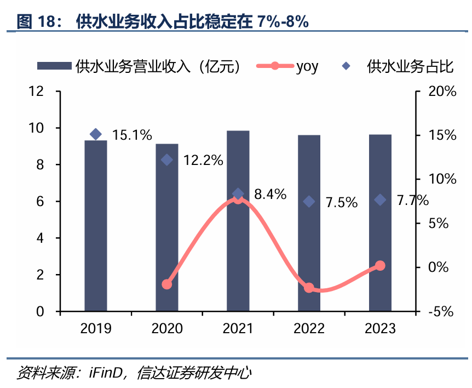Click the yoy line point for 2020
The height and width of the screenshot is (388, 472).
(167, 284)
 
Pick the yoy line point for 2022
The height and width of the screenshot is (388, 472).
(309, 288)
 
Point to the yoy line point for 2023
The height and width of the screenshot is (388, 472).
(380, 266)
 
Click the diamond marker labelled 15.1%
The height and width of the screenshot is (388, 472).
(96, 134)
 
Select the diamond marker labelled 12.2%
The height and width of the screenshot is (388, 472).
(167, 159)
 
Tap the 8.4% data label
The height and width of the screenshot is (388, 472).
(270, 194)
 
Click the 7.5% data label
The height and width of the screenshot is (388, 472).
(341, 202)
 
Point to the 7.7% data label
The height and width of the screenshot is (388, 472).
(412, 201)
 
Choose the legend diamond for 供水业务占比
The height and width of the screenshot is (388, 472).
(346, 66)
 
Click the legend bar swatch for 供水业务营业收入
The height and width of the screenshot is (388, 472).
(54, 66)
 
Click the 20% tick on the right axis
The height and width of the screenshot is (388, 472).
(442, 92)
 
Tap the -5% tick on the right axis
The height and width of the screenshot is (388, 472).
(440, 312)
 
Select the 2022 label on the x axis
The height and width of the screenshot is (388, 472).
(309, 329)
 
